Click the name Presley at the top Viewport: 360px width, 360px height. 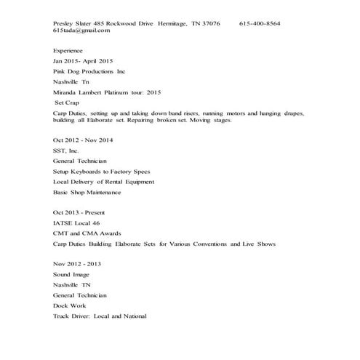pyautogui.click(x=63, y=23)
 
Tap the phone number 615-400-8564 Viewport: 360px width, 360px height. pyautogui.click(x=260, y=23)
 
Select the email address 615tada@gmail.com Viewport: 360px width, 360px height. pyautogui.click(x=81, y=31)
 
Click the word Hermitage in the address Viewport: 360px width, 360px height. pyautogui.click(x=172, y=23)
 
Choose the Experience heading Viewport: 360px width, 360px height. pyautogui.click(x=68, y=51)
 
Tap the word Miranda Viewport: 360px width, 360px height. pyautogui.click(x=67, y=92)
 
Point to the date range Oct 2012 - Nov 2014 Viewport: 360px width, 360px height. pyautogui.click(x=83, y=139)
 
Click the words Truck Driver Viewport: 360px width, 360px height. pyautogui.click(x=75, y=316)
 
